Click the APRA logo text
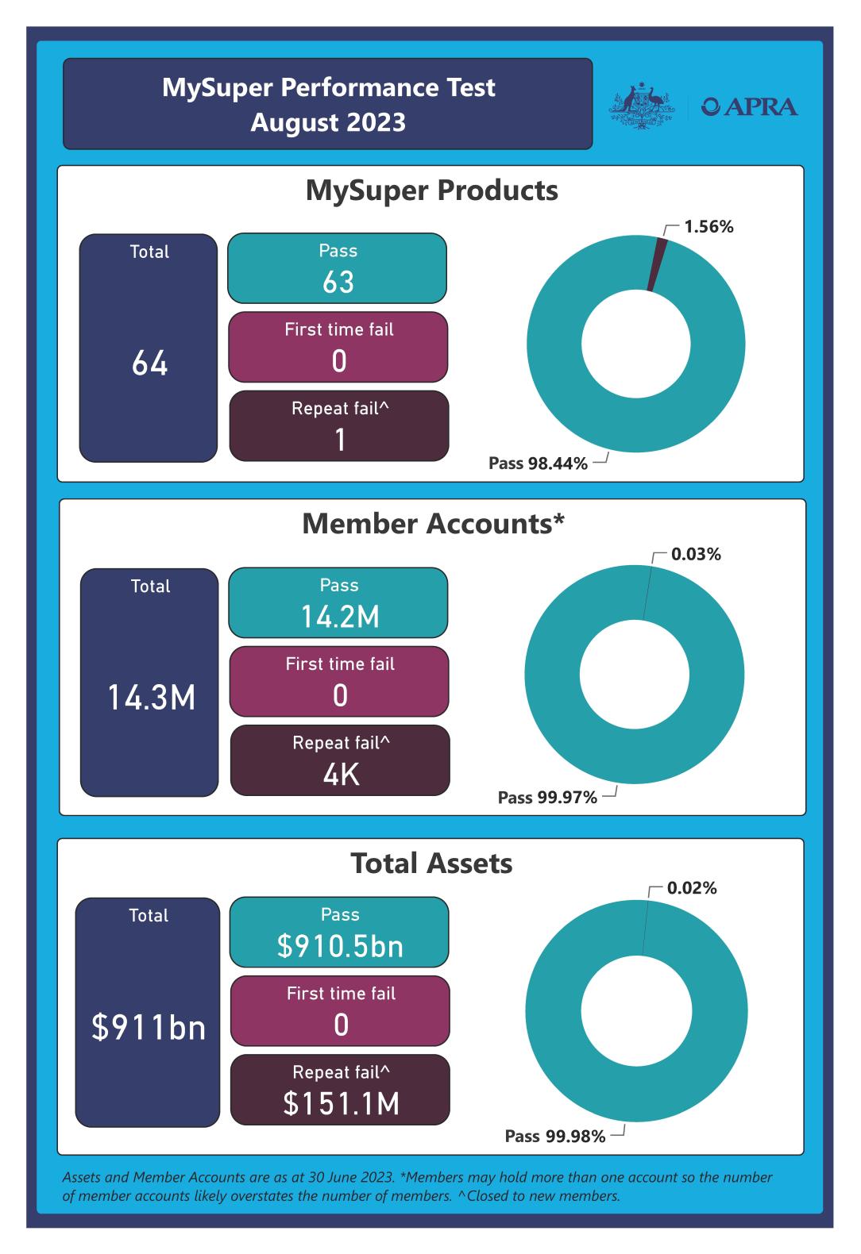[x=750, y=106]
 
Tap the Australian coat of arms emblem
[x=639, y=104]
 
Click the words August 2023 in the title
[x=328, y=123]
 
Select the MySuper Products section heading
[x=431, y=190]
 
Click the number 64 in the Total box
[x=149, y=364]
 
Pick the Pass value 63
[x=338, y=282]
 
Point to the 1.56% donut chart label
[x=708, y=227]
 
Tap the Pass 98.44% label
[x=538, y=464]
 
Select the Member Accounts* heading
[x=433, y=524]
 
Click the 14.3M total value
[x=151, y=698]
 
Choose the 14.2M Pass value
[x=340, y=617]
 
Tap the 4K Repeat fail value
[x=341, y=775]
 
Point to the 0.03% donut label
[x=696, y=555]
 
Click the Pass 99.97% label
[x=547, y=798]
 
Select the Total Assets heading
[x=431, y=864]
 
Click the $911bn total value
[x=149, y=1027]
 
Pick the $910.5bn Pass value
[x=340, y=946]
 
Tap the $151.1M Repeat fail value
[x=341, y=1104]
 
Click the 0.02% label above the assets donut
[x=692, y=888]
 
